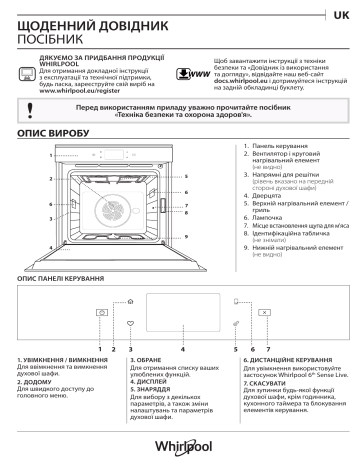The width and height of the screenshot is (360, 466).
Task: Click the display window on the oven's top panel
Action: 118,155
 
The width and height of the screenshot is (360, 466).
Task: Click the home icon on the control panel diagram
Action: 130,301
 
